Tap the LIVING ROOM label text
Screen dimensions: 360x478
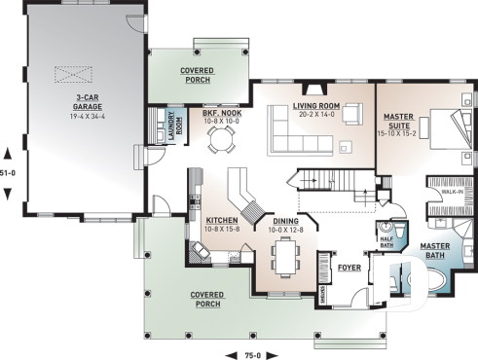(x=313, y=108)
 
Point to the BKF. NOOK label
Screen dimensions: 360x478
(x=221, y=117)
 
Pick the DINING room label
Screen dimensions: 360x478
(x=286, y=224)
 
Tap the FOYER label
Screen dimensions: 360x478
(x=349, y=265)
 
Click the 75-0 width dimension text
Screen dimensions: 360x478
(x=252, y=354)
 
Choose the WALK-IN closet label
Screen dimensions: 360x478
(x=453, y=193)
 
